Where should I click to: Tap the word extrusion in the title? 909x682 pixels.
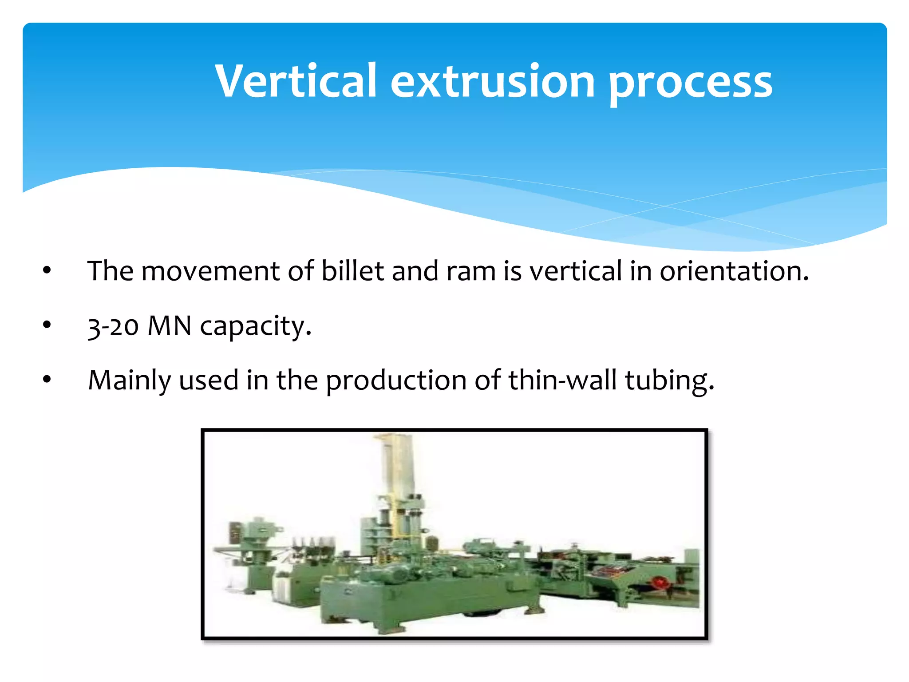tap(492, 82)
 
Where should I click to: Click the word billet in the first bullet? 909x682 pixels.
tap(352, 271)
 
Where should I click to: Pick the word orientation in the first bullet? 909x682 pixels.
tap(734, 272)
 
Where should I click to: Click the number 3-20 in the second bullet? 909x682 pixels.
tap(114, 327)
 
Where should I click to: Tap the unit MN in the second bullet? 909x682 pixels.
tap(169, 326)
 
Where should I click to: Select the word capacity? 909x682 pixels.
tap(256, 328)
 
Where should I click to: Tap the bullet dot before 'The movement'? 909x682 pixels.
tap(47, 270)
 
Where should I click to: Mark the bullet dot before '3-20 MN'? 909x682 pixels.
tap(47, 325)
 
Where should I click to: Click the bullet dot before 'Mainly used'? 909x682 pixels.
tap(47, 380)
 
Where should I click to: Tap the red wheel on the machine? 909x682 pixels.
tap(660, 583)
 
